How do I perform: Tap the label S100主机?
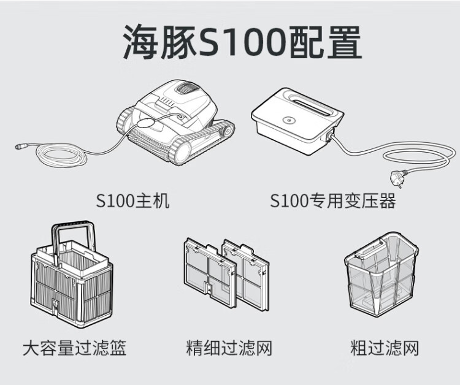point(132,201)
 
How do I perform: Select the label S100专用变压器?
point(333,201)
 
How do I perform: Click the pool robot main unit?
point(175,120)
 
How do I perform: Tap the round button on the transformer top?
point(286,121)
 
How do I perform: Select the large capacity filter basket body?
point(71,288)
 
